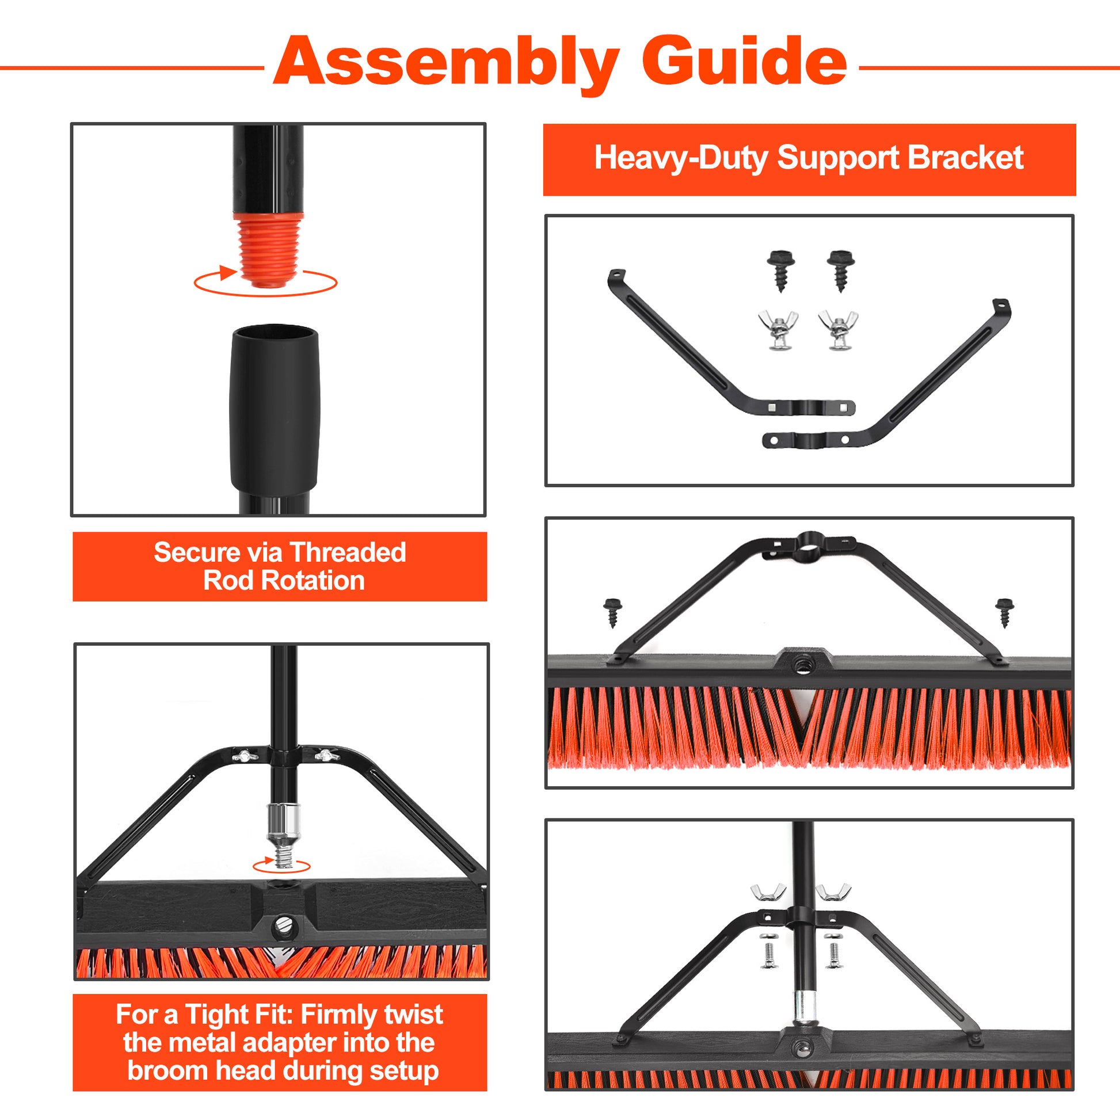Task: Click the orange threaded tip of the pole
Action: pos(268,250)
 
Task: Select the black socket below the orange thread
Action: pos(275,409)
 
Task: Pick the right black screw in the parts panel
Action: pos(841,270)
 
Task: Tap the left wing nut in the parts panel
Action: pos(778,330)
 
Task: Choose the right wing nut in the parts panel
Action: pos(838,330)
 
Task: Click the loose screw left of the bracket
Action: pos(612,612)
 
